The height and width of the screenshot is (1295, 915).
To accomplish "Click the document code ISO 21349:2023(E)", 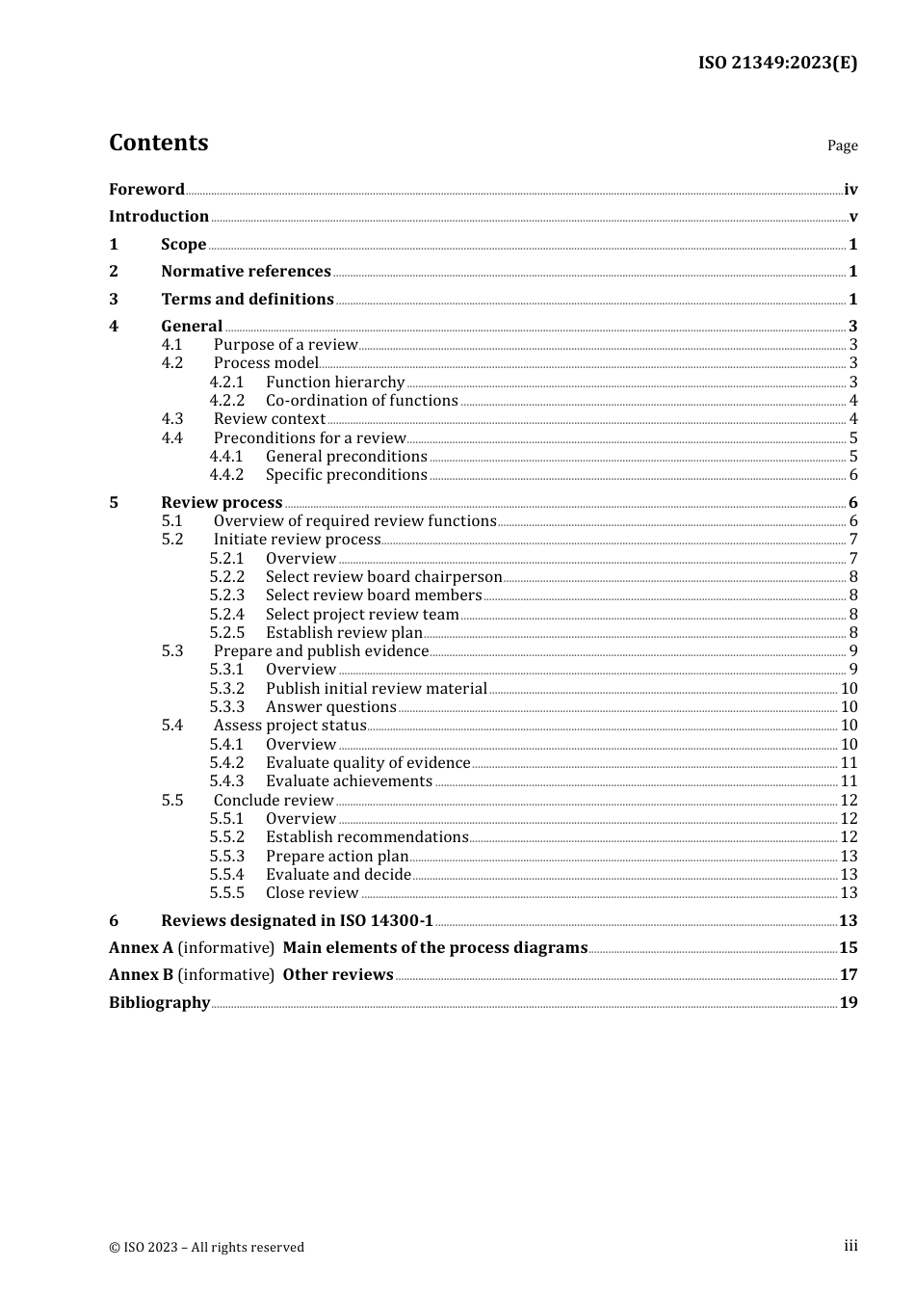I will (777, 63).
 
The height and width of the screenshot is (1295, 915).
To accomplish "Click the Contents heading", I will (158, 143).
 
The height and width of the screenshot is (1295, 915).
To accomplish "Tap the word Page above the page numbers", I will (842, 145).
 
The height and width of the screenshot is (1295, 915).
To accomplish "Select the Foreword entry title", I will (146, 190).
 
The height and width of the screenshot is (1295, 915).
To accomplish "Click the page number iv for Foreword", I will (850, 190).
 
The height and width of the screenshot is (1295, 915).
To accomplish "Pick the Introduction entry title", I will (159, 217).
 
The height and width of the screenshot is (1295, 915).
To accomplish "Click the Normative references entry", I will (246, 272).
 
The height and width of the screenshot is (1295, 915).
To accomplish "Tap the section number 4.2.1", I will (226, 383).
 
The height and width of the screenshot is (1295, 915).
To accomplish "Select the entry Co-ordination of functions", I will (361, 401).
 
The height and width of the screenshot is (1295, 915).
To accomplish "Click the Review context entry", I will (270, 419).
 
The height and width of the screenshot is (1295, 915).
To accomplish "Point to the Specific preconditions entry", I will (346, 475).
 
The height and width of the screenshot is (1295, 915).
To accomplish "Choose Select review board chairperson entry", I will (383, 577).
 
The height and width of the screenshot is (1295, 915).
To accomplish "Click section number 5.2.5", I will (226, 633).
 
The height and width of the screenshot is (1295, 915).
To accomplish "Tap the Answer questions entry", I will (330, 707).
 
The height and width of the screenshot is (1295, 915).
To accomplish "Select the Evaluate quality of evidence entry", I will (368, 763).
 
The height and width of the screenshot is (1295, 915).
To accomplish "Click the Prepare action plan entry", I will (337, 857).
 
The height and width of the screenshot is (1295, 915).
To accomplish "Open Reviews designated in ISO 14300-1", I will (297, 921).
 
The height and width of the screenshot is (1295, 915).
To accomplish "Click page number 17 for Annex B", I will (849, 975).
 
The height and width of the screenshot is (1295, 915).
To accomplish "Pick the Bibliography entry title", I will (159, 1003).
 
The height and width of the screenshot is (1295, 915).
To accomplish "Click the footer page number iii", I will (850, 1246).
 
